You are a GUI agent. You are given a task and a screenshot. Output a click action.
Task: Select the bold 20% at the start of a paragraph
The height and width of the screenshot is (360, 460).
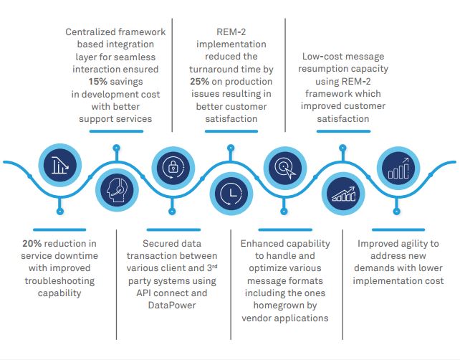tap(33, 244)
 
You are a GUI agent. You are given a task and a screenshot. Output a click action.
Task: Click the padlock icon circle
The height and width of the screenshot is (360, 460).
tap(173, 166)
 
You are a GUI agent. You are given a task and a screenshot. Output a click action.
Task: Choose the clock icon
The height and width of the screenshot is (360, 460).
tap(229, 193)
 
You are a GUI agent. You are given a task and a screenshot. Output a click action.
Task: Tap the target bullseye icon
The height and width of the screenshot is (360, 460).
tap(284, 166)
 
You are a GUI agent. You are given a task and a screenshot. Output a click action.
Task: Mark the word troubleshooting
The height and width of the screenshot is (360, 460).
tap(59, 280)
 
